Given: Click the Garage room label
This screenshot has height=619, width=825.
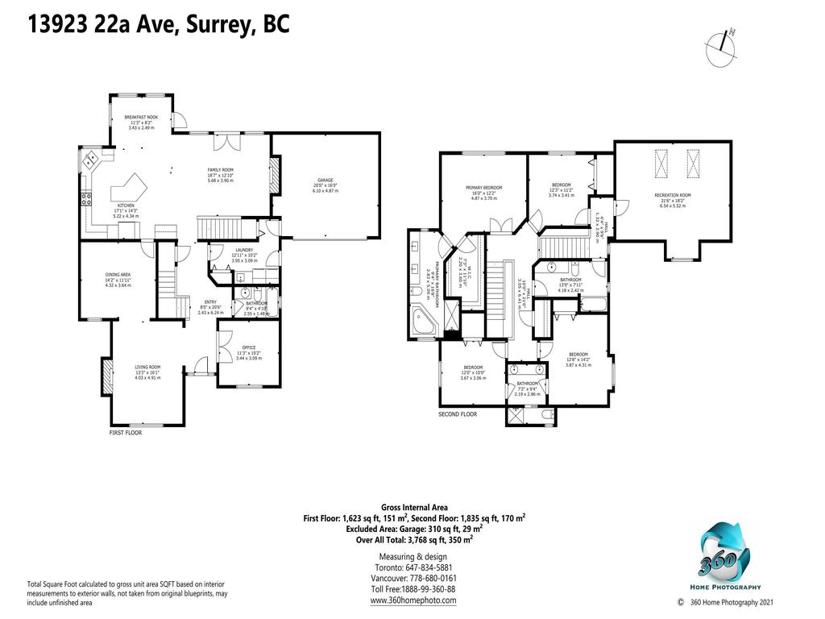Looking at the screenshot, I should [x=325, y=181].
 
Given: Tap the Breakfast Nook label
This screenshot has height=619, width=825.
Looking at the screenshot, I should [x=141, y=118].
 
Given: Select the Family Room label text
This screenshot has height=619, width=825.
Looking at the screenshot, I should [x=220, y=169].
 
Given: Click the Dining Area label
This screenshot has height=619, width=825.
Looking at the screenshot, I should [x=118, y=275].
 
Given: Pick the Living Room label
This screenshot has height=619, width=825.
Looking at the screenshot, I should [x=147, y=367].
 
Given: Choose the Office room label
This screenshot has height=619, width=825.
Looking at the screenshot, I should [x=249, y=347].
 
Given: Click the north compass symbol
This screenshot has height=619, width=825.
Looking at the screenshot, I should [x=722, y=46].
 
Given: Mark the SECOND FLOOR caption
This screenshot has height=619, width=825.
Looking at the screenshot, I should [x=457, y=414].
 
